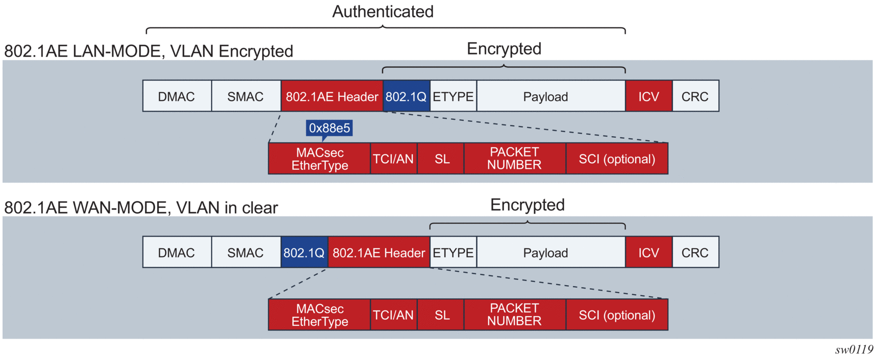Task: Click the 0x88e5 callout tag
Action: [329, 128]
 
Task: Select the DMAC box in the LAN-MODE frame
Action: [177, 96]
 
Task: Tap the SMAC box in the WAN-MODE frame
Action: [245, 252]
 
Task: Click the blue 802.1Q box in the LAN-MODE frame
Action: [406, 96]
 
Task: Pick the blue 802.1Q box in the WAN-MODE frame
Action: [304, 252]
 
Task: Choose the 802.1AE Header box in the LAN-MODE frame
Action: [332, 96]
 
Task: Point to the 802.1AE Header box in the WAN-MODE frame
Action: [379, 252]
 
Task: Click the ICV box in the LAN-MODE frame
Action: [648, 96]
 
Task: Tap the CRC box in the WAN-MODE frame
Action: [695, 252]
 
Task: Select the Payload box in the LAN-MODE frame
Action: [545, 96]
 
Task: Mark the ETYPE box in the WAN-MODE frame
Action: [453, 252]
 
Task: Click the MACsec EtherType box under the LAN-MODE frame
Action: [319, 159]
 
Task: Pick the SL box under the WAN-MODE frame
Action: [442, 315]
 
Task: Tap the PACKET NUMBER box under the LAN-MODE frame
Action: [514, 159]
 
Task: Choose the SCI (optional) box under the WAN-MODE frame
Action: [617, 315]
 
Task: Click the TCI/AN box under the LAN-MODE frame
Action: [393, 159]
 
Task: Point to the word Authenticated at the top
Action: [383, 12]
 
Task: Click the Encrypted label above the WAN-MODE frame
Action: [527, 205]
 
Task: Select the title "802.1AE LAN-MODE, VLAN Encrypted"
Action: [148, 51]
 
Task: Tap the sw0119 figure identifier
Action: [854, 350]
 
